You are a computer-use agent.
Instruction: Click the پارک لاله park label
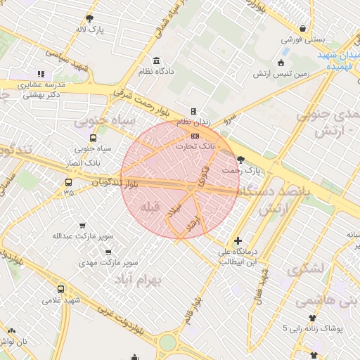click(x=91, y=30)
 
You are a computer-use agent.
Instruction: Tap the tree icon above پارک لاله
click(x=89, y=18)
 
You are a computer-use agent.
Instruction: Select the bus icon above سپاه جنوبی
click(x=93, y=138)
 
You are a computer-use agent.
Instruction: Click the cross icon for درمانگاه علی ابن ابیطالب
click(x=238, y=241)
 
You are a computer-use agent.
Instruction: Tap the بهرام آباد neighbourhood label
click(x=157, y=280)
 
